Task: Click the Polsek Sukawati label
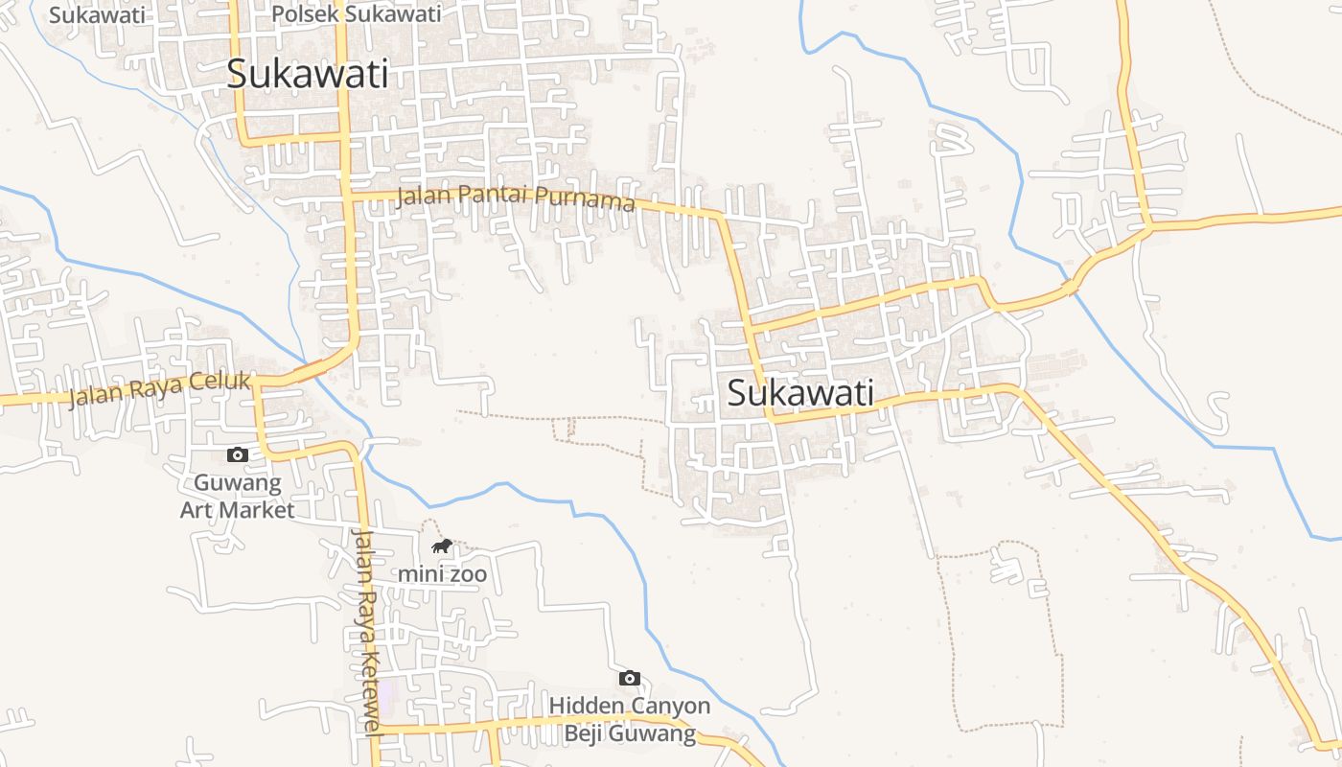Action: (x=357, y=14)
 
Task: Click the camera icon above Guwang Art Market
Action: (x=237, y=454)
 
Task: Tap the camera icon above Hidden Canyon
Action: (x=630, y=678)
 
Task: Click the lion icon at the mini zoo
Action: (x=442, y=546)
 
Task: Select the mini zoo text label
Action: (x=443, y=575)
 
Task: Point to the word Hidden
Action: (x=584, y=707)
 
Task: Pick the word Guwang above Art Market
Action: (x=238, y=482)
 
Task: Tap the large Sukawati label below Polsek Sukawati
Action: (x=308, y=74)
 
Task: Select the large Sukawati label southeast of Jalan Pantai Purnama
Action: (x=800, y=393)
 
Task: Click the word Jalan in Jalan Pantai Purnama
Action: (x=422, y=196)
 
